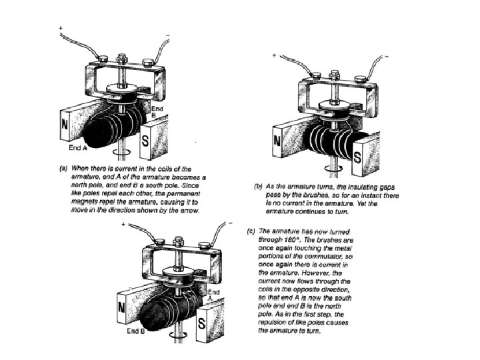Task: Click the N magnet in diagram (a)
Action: tap(65, 125)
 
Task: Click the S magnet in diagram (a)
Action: tap(147, 141)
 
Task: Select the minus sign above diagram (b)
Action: tap(387, 57)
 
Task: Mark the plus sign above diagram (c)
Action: tap(123, 224)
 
